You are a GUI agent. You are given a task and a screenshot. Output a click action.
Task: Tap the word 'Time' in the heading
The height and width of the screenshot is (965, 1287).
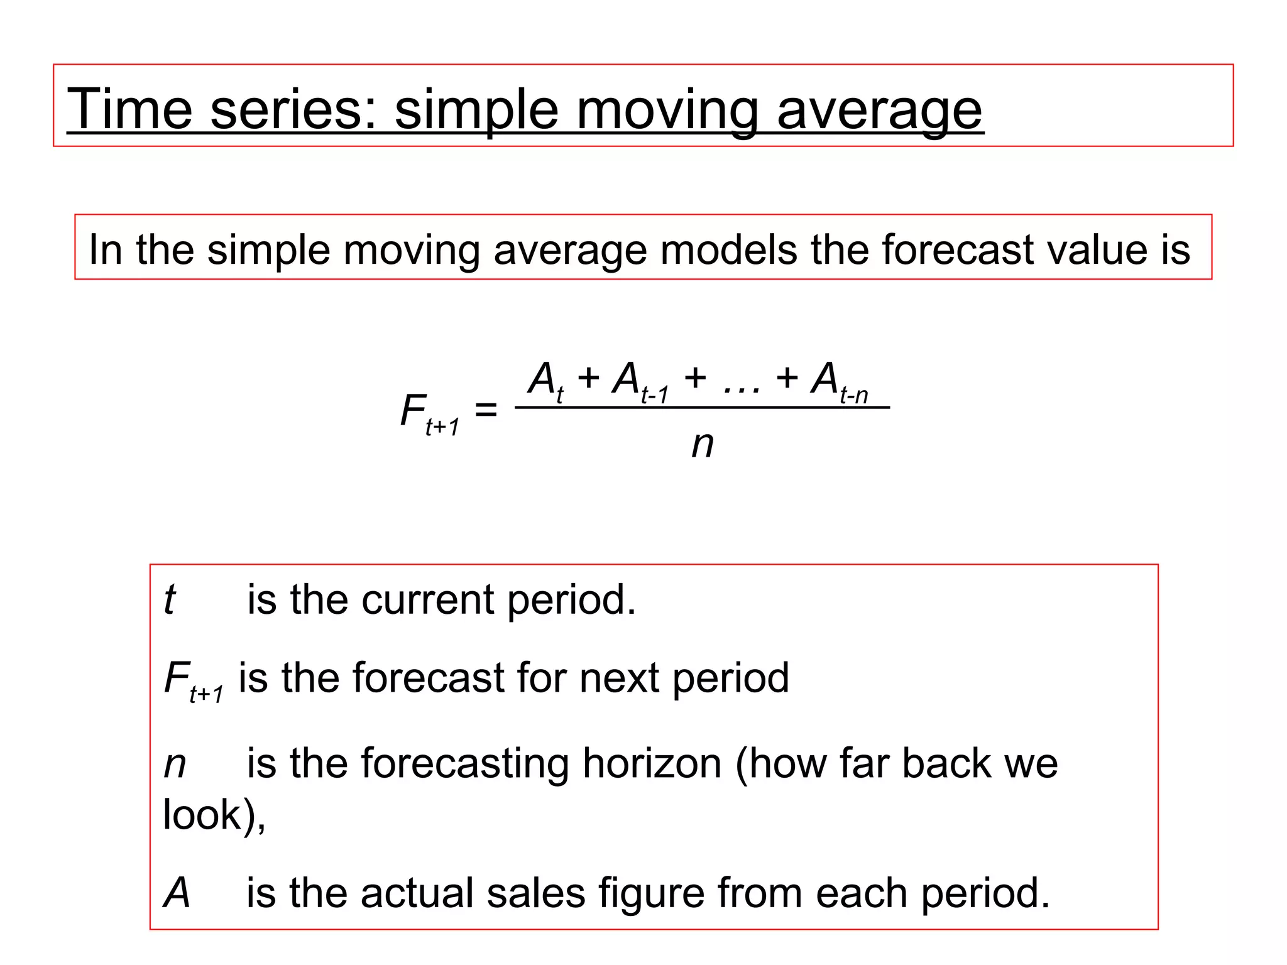129,109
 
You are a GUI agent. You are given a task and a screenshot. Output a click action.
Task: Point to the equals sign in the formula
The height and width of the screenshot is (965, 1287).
486,410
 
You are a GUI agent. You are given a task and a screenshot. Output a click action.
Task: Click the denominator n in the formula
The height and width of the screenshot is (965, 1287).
703,445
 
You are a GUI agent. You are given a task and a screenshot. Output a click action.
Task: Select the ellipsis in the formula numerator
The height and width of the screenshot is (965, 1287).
742,384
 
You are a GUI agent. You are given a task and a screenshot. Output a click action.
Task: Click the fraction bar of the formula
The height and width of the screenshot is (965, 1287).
702,408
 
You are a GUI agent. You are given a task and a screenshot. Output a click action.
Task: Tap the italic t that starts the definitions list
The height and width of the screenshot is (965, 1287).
169,599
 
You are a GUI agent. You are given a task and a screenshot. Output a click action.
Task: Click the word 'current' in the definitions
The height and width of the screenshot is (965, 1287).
427,599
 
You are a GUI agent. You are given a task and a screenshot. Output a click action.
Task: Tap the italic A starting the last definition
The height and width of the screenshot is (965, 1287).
177,893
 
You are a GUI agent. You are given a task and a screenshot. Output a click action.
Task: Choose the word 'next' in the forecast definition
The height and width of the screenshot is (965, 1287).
619,678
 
